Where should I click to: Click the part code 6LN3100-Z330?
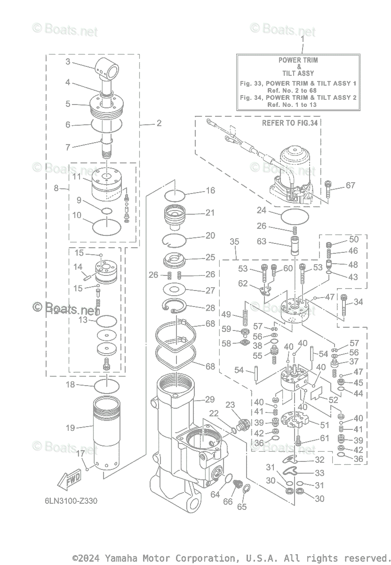pos(68,500)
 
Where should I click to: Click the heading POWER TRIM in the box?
pos(298,60)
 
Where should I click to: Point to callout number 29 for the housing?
pos(209,399)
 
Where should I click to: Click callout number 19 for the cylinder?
pos(70,428)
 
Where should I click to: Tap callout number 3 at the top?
pos(68,62)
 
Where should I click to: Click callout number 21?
pos(209,213)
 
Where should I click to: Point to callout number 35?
pos(234,242)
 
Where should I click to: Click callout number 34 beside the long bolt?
pos(358,302)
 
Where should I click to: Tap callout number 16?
pos(210,191)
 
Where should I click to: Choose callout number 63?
pos(262,242)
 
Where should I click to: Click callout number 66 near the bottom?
pos(228,502)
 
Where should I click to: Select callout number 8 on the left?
pos(56,188)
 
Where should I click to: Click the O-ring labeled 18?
pos(107,386)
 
